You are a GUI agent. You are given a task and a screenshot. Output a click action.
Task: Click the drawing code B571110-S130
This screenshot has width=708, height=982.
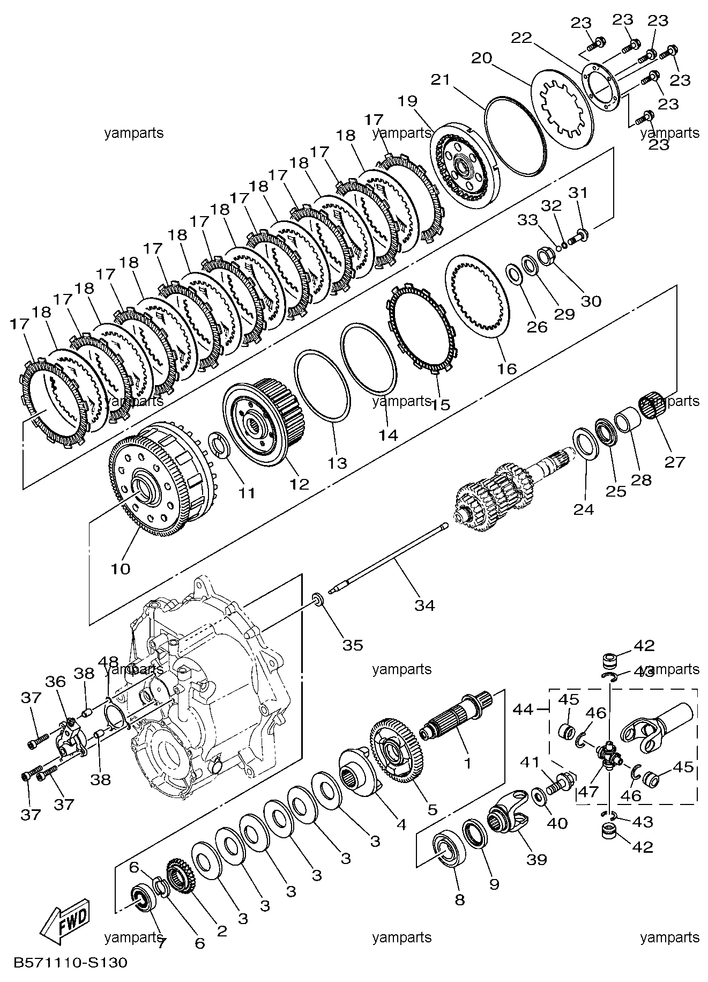pos(70,963)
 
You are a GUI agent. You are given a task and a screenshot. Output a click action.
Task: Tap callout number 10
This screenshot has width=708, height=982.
pos(121,568)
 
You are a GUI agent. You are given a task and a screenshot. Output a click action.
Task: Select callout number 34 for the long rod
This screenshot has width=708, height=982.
pos(424,606)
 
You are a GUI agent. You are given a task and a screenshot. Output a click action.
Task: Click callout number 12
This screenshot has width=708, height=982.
pos(300,484)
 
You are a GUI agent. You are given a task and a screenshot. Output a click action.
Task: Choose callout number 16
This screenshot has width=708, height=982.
pos(507,368)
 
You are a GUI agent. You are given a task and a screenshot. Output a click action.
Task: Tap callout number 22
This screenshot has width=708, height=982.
pos(521,38)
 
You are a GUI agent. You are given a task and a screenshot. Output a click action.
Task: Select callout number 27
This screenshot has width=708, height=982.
pos(675,461)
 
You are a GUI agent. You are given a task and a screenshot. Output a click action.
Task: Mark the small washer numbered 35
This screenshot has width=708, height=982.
pos(319,600)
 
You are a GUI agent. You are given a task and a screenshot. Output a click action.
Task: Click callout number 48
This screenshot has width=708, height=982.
pos(108,663)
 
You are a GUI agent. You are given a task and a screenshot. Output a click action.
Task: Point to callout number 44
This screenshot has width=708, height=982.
pos(523,709)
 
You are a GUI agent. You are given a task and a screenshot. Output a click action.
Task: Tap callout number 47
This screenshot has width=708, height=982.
pos(588,792)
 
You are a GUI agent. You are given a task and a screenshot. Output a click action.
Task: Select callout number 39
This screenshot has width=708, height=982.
pos(536,859)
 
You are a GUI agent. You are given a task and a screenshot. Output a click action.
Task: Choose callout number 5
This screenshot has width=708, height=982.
pos(432,809)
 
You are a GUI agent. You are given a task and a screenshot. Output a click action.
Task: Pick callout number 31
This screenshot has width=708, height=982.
pos(579,193)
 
